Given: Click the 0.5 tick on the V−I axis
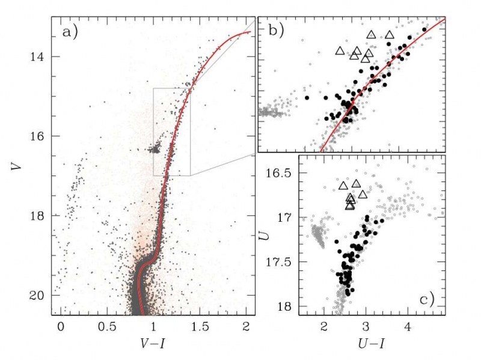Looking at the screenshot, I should point(107,326).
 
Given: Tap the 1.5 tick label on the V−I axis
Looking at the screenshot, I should point(200,326).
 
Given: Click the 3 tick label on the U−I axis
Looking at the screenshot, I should point(366,326).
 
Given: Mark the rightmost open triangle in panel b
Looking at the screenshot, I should point(389,35).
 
